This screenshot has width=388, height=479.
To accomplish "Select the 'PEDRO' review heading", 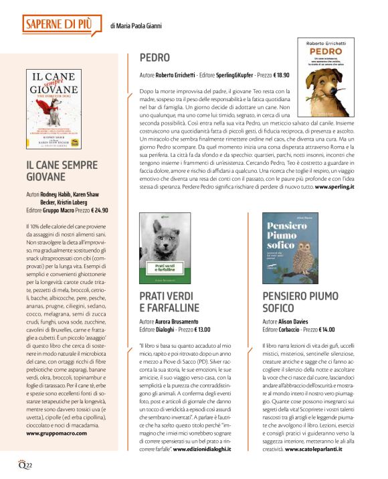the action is click(155, 58).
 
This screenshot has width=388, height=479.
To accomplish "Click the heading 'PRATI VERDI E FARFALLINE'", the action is click(169, 302).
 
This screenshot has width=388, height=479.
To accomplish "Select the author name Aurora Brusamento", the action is click(183, 322).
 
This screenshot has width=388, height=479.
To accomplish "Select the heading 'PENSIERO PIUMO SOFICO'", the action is click(298, 302).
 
